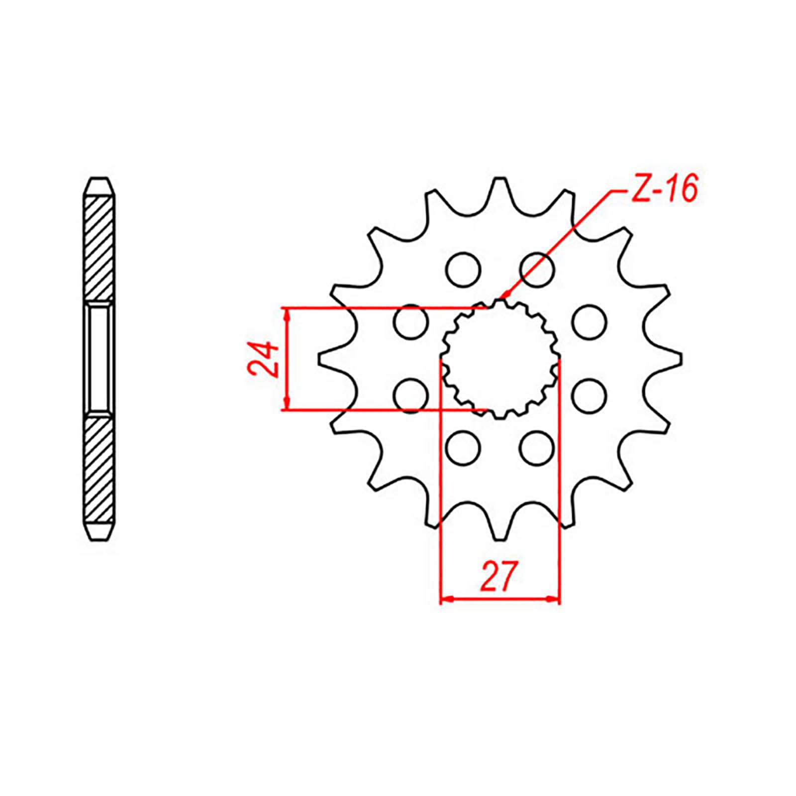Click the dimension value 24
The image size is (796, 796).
pos(263,359)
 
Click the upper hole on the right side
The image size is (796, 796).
pos(589,322)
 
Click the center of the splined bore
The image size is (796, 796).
pos(500,359)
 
